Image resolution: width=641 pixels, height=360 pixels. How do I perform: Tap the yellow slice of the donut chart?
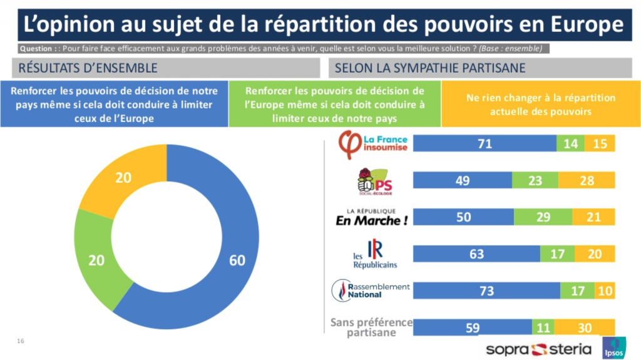[123, 178]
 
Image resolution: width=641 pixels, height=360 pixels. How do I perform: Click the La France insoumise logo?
[373, 143]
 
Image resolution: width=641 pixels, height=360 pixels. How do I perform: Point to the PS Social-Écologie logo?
[374, 182]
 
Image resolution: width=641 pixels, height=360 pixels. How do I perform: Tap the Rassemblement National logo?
[371, 290]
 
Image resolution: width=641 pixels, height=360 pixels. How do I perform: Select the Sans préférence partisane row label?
[371, 327]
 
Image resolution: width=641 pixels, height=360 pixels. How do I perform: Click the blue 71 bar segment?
[485, 143]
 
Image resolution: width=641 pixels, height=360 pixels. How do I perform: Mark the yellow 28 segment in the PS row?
[587, 180]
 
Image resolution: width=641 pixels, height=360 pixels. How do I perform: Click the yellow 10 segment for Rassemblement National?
[605, 291]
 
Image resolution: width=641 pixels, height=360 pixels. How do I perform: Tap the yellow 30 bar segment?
[583, 327]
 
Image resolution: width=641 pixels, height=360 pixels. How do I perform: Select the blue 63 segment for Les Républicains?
[476, 254]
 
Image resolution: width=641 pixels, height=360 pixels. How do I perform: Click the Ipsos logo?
[614, 348]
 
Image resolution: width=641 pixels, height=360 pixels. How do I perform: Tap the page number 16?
[21, 341]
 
